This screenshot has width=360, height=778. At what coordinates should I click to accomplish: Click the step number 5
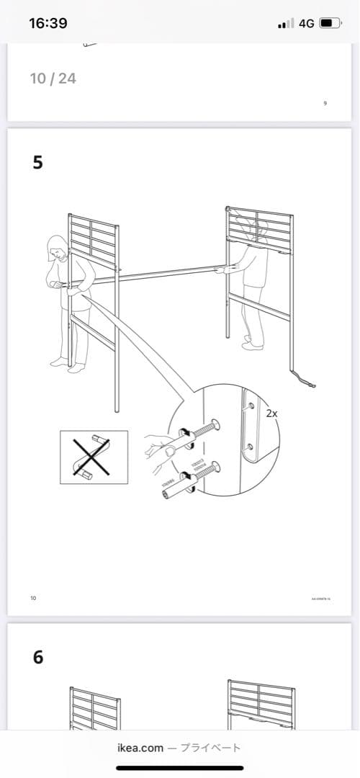[37, 163]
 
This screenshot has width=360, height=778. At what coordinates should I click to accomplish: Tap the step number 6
[37, 657]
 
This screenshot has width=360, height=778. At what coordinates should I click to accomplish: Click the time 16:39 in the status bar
[48, 23]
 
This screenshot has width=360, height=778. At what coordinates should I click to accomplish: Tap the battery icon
[330, 23]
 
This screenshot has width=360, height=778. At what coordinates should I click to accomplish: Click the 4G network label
[306, 23]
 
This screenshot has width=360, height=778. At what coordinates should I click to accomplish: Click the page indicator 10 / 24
[53, 78]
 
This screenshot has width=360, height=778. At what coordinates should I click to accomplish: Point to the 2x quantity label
[271, 413]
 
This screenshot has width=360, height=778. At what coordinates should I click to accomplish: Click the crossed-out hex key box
[94, 457]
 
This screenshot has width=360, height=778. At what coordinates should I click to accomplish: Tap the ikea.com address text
[140, 748]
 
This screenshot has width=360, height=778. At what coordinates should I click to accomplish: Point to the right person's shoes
[253, 344]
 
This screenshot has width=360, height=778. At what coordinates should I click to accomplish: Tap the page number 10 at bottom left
[33, 598]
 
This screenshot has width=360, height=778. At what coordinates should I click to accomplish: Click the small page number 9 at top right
[325, 104]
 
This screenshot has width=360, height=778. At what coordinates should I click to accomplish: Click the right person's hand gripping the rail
[226, 269]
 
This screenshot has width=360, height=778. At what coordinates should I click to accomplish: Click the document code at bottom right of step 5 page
[320, 599]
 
